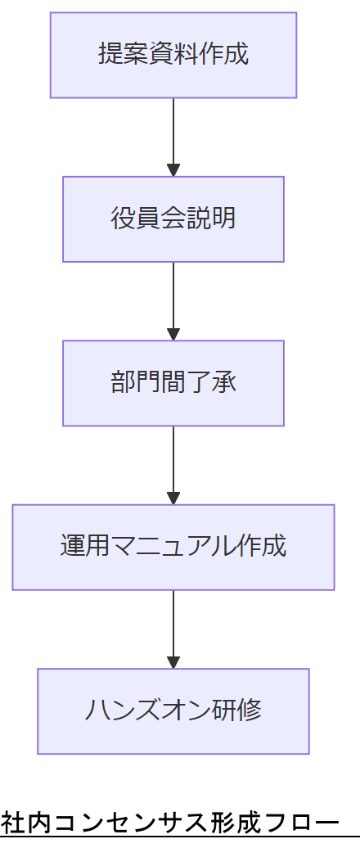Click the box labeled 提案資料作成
coord(173,55)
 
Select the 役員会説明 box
coord(173,219)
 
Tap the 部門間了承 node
coord(173,383)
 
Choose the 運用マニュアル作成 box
coord(173,547)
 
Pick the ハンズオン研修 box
coord(173,710)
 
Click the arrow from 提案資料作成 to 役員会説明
coord(173,135)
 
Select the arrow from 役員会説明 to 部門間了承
coord(173,299)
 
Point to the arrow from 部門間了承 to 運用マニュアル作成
coord(173,462)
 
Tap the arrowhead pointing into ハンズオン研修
coord(173,662)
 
